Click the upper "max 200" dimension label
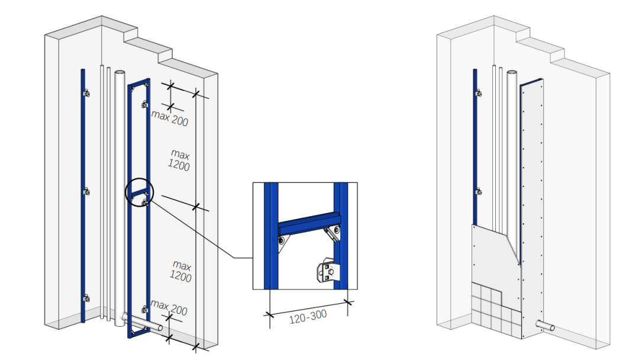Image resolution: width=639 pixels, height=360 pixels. coord(170,118)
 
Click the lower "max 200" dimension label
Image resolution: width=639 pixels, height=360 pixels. coord(169,308)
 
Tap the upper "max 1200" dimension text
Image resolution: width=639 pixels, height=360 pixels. coord(179,160)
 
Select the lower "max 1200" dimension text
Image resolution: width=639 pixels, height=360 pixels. coord(180,271)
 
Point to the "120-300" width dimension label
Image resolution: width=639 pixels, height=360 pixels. coord(308,317)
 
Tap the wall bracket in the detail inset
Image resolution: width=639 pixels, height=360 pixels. coord(328,269)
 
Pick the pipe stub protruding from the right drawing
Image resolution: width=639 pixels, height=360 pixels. coord(545,325)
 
